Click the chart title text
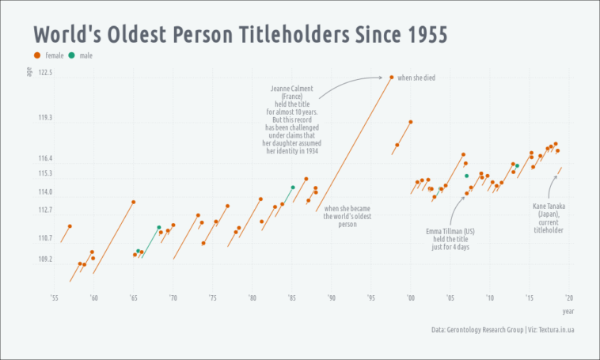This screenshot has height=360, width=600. pyautogui.click(x=240, y=35)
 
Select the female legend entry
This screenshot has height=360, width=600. pyautogui.click(x=49, y=55)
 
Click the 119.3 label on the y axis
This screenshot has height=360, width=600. pyautogui.click(x=44, y=118)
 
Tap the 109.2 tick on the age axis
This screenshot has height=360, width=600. pyautogui.click(x=44, y=260)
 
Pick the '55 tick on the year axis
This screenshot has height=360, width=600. pyautogui.click(x=54, y=298)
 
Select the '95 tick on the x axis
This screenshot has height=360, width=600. pyautogui.click(x=370, y=298)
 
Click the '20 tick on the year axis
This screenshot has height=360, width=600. pyautogui.click(x=568, y=298)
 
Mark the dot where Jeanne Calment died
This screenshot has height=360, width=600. pyautogui.click(x=391, y=77)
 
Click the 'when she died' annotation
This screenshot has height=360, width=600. pyautogui.click(x=416, y=78)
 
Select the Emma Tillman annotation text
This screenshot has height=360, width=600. pyautogui.click(x=450, y=240)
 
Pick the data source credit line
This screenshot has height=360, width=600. pyautogui.click(x=502, y=329)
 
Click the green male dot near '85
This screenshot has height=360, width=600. pyautogui.click(x=293, y=188)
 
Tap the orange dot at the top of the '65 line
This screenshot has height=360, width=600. pyautogui.click(x=133, y=202)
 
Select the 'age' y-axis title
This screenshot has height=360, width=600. pyautogui.click(x=30, y=73)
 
